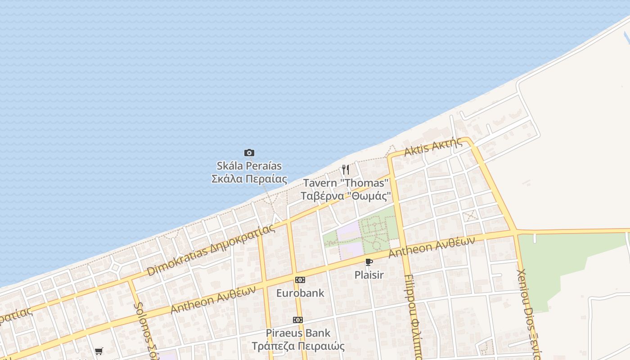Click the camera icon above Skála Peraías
(249, 153)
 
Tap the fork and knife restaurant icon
(345, 170)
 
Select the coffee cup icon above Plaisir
(369, 262)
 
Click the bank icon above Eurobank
(300, 280)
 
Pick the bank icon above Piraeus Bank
(297, 320)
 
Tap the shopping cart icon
(99, 351)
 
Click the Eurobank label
(300, 293)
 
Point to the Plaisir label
(369, 274)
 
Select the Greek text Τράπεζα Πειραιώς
(298, 346)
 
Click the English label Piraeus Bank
(298, 333)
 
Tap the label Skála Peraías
(249, 166)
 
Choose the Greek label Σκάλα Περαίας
(249, 179)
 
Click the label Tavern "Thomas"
(345, 183)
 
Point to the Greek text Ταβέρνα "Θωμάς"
(345, 196)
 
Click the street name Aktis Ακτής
(433, 147)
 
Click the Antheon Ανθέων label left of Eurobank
(213, 299)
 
